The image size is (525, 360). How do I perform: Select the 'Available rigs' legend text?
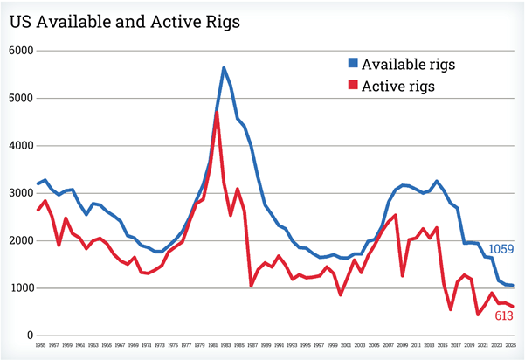[409, 65]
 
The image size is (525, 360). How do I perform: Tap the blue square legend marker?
[353, 65]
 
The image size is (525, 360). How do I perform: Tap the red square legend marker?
[353, 86]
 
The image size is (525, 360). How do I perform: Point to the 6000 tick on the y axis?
[20, 51]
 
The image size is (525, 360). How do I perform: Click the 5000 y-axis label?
[20, 98]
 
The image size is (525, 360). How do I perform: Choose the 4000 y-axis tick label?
[20, 146]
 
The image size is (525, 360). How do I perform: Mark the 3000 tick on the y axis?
[20, 193]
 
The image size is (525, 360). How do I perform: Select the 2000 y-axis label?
[20, 240]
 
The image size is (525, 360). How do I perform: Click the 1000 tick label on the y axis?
[20, 288]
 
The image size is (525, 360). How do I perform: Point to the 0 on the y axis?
[29, 336]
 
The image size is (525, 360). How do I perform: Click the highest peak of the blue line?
[224, 67]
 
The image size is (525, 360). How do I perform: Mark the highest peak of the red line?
[216, 113]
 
